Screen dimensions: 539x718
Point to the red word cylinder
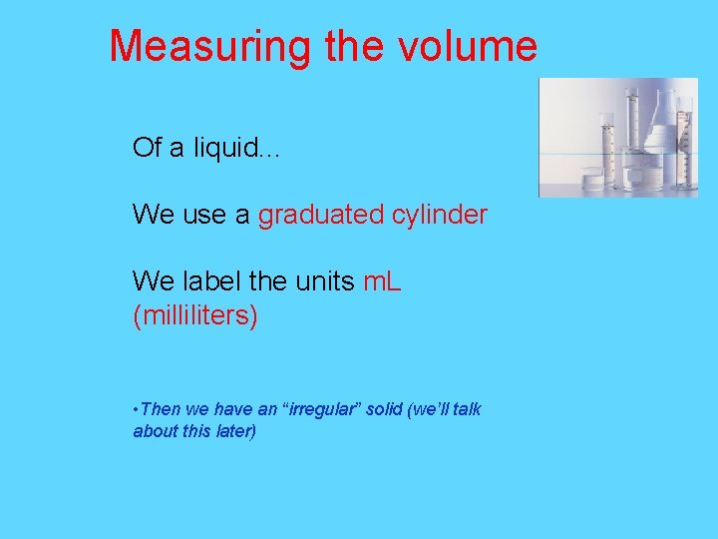pyautogui.click(x=440, y=215)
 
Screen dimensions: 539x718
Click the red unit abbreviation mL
pyautogui.click(x=382, y=282)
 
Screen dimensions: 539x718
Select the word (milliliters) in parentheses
pyautogui.click(x=195, y=316)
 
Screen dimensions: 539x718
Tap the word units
pyautogui.click(x=324, y=282)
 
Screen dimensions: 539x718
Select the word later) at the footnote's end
pyautogui.click(x=233, y=431)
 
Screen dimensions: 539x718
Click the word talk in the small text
pyautogui.click(x=467, y=409)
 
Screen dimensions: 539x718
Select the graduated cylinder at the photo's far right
pyautogui.click(x=684, y=140)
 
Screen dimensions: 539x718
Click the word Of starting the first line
pyautogui.click(x=147, y=149)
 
